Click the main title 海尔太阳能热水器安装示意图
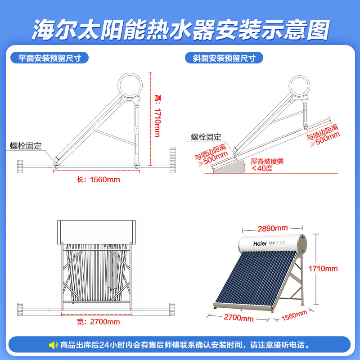[x=181, y=30]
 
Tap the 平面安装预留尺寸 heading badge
[x=49, y=58]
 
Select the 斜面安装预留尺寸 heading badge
[x=224, y=58]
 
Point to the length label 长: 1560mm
[x=98, y=180]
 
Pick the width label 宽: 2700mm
[x=98, y=322]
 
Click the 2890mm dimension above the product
[x=273, y=229]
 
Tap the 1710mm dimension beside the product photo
[x=323, y=269]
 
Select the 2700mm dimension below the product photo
[x=239, y=318]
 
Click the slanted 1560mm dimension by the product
[x=294, y=315]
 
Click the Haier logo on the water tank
[x=260, y=243]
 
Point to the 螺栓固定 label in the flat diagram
[x=26, y=146]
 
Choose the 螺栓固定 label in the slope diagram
[x=206, y=137]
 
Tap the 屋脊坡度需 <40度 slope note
[x=267, y=165]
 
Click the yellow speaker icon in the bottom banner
[x=54, y=345]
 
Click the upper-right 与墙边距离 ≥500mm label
[x=324, y=135]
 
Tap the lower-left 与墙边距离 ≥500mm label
[x=211, y=155]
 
